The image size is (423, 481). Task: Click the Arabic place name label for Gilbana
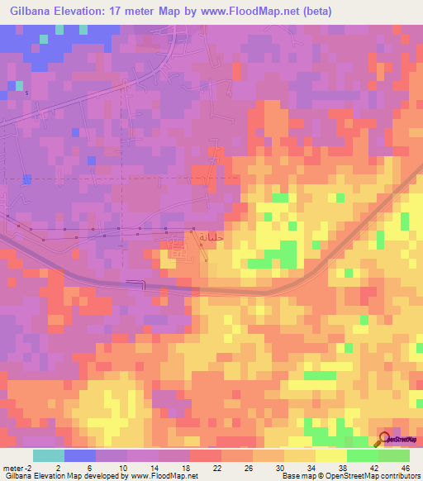[210, 235]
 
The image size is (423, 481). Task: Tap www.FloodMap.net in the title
[252, 11]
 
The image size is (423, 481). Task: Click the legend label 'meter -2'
[17, 468]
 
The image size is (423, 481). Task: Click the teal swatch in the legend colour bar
[49, 455]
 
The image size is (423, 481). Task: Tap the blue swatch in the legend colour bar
[80, 455]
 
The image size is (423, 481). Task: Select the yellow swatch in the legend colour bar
[331, 455]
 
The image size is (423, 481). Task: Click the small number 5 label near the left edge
[26, 93]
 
